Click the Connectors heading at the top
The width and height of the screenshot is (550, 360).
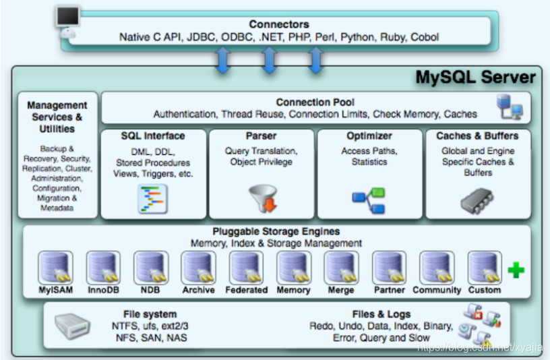tap(278, 24)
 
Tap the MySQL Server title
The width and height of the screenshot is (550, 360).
tap(475, 78)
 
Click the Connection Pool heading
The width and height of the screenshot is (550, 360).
tap(315, 102)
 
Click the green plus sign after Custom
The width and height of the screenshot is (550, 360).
tap(516, 271)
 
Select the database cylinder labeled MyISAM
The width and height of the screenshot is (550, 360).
tap(55, 267)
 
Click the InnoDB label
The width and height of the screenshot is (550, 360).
tap(103, 290)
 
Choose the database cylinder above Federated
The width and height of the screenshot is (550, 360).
tap(246, 267)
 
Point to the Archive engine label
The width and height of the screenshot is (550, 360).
tap(198, 290)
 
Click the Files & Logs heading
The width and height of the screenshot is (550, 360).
tap(381, 314)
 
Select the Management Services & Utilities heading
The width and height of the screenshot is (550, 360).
tap(57, 117)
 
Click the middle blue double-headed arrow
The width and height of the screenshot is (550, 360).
tap(269, 60)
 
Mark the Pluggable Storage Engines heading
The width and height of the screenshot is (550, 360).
tap(276, 232)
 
